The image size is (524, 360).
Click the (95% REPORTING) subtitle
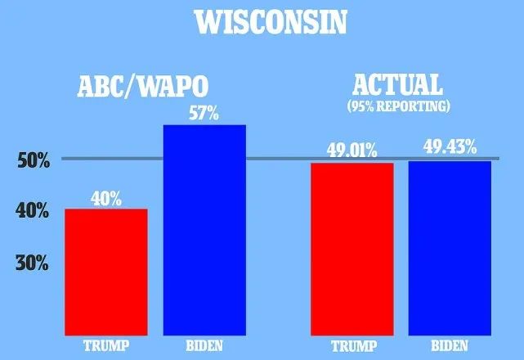pyautogui.click(x=397, y=106)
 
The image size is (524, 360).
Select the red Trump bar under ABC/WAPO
pyautogui.click(x=106, y=272)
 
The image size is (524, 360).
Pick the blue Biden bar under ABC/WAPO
pyautogui.click(x=204, y=230)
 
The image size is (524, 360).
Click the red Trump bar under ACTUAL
pyautogui.click(x=352, y=249)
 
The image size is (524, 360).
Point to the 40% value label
pyautogui.click(x=106, y=198)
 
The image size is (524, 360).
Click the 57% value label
pyautogui.click(x=204, y=114)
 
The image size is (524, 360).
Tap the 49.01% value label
pyautogui.click(x=352, y=151)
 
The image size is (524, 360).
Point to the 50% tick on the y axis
pyautogui.click(x=34, y=160)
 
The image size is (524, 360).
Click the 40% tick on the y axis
pyautogui.click(x=34, y=211)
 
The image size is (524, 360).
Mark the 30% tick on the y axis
pyautogui.click(x=34, y=263)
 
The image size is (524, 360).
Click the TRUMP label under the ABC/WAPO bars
pyautogui.click(x=106, y=344)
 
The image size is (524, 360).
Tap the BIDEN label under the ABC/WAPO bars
pyautogui.click(x=204, y=344)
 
